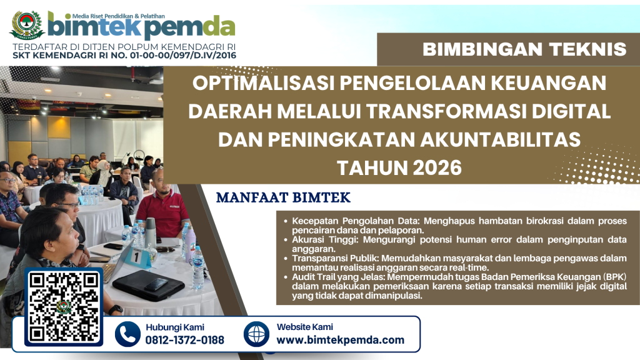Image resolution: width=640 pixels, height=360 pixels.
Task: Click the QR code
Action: click(x=64, y=307)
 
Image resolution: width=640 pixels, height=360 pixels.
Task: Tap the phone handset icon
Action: click(x=127, y=334)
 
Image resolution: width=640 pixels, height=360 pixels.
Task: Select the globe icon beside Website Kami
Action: click(x=256, y=334)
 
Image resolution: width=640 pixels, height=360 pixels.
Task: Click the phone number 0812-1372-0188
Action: click(x=185, y=340)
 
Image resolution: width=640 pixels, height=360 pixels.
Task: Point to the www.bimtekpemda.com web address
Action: click(x=341, y=340)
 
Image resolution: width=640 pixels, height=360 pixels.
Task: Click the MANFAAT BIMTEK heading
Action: click(x=283, y=197)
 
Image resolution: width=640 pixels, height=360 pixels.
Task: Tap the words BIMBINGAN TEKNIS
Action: click(x=524, y=49)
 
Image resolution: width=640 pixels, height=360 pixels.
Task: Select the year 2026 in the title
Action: click(x=437, y=167)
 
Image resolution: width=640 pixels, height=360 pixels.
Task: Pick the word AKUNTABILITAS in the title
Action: click(x=501, y=139)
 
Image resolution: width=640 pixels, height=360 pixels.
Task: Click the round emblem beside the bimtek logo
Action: click(x=27, y=25)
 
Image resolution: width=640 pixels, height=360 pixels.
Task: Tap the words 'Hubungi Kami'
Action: click(x=175, y=327)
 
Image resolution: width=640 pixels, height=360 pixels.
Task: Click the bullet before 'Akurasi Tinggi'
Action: click(x=286, y=240)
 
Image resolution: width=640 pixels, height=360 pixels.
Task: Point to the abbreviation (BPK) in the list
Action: click(x=613, y=277)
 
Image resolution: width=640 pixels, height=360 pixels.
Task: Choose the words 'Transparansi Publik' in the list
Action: click(x=335, y=258)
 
